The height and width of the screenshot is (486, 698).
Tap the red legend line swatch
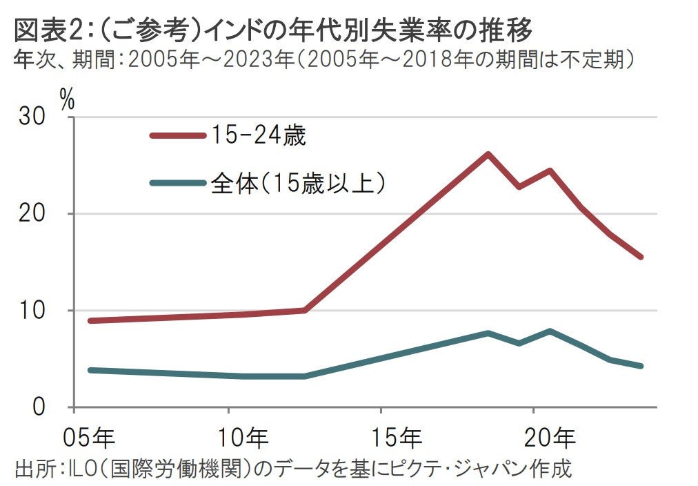click(178, 136)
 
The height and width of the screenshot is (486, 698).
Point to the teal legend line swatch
click(178, 183)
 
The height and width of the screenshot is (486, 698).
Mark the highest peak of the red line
click(488, 154)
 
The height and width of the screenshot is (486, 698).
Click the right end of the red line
click(641, 257)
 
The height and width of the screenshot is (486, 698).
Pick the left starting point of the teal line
click(91, 370)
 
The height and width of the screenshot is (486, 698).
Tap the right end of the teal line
click(641, 366)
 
